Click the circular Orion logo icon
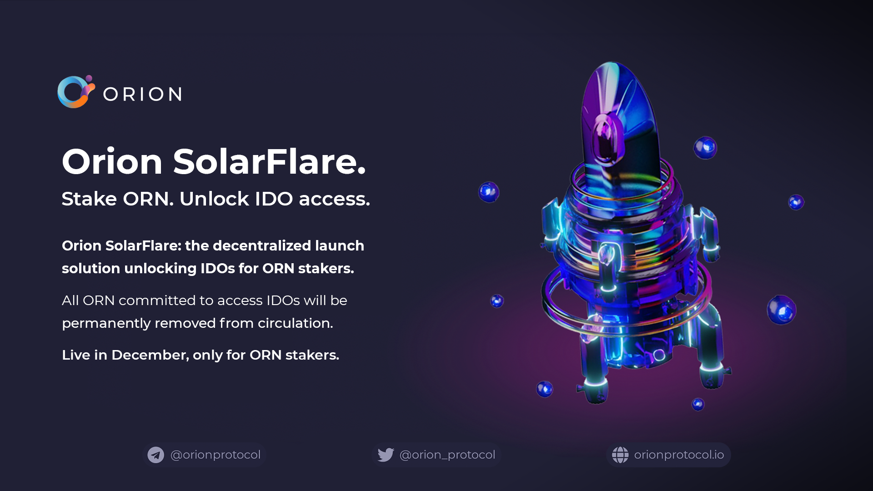point(76,92)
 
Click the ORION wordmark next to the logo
point(143,94)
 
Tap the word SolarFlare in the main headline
point(269,161)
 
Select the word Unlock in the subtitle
point(214,199)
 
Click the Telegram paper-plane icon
point(156,455)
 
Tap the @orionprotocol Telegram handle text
point(216,455)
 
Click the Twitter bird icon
point(386,455)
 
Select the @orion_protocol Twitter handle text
point(447,455)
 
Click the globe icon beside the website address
point(620,455)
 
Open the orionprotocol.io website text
point(679,455)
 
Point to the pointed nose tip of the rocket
point(612,63)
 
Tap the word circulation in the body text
point(296,323)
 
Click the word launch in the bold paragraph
point(340,245)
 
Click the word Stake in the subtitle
point(89,199)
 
